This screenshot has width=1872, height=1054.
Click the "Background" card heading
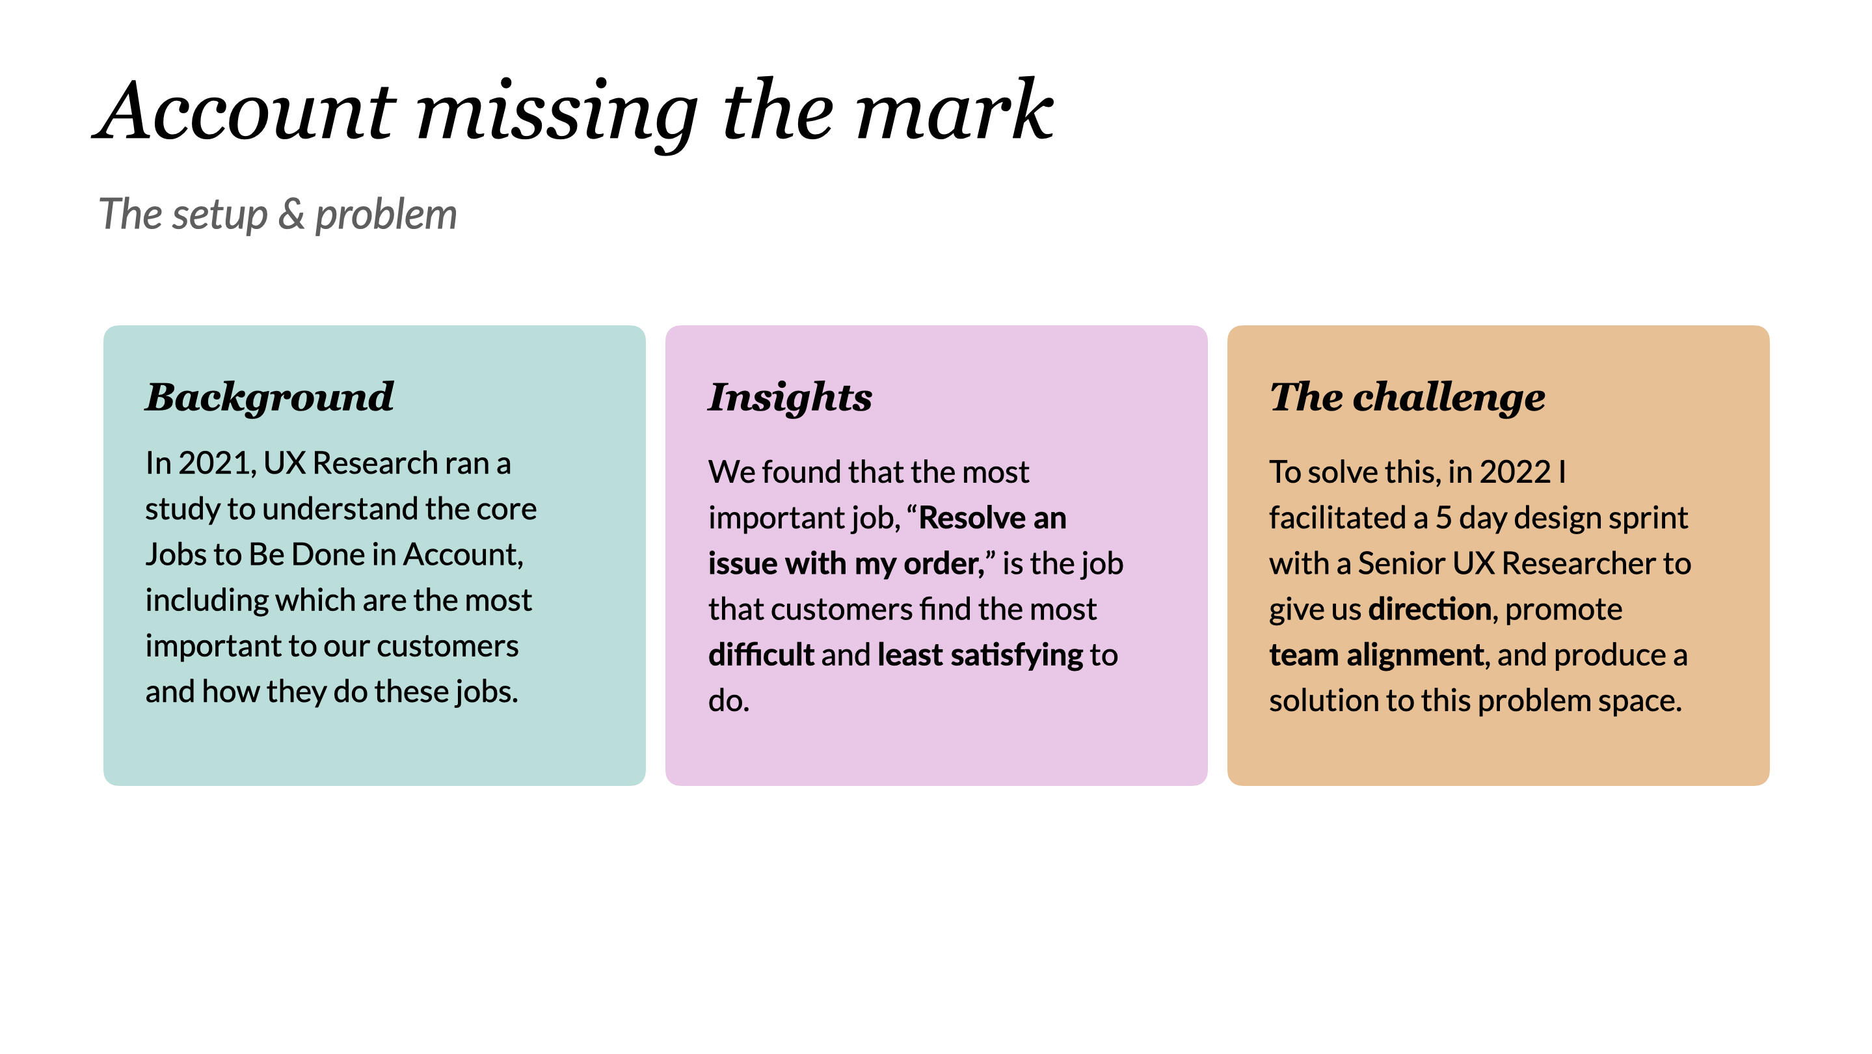(269, 398)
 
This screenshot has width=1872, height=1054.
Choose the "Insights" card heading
(790, 398)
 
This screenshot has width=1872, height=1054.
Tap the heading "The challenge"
(1407, 397)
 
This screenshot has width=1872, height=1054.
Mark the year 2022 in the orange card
(1515, 472)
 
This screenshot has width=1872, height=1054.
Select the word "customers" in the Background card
(448, 646)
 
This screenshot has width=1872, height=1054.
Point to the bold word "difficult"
(761, 655)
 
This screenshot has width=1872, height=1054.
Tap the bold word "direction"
(1430, 609)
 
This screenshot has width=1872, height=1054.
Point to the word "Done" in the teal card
(331, 554)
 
